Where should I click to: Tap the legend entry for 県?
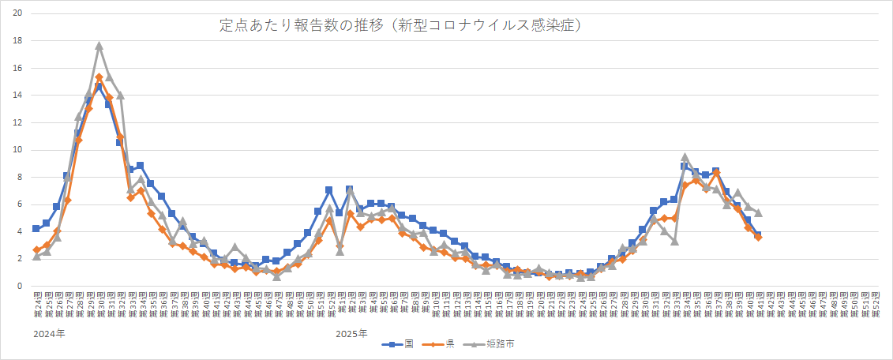[442, 344]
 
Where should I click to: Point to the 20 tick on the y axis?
[17, 13]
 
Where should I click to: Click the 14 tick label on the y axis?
[17, 96]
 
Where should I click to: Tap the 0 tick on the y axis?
[20, 287]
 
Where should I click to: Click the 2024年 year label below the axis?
[49, 334]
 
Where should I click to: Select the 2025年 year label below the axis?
[351, 334]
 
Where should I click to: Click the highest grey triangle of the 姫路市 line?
[99, 46]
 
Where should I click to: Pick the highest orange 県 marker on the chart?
[99, 77]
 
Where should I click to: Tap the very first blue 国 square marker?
[36, 229]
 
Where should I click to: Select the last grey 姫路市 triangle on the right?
[758, 212]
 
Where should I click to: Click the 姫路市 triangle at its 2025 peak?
[685, 157]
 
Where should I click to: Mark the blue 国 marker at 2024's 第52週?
[328, 190]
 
